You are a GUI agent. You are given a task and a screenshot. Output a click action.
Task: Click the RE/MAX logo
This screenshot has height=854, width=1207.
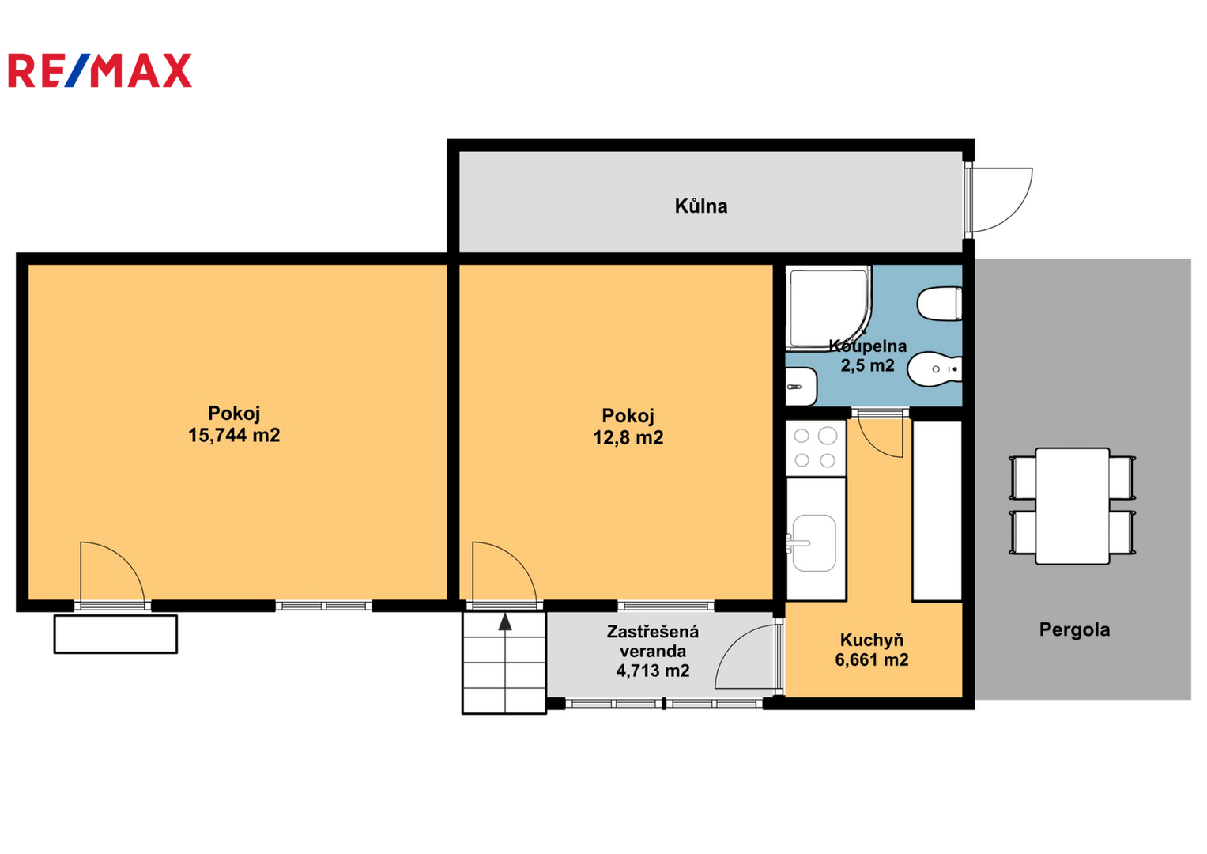(x=100, y=70)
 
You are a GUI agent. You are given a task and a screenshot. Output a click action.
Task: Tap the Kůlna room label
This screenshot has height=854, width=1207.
(x=701, y=206)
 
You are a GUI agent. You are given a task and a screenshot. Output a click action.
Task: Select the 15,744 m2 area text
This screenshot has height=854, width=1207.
(x=234, y=435)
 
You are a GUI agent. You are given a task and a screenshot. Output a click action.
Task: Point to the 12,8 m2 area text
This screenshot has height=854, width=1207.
(x=628, y=437)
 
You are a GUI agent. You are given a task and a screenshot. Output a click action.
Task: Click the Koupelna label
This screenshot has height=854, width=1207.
(x=868, y=346)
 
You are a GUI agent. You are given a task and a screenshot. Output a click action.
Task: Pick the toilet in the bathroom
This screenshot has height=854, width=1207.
(x=939, y=304)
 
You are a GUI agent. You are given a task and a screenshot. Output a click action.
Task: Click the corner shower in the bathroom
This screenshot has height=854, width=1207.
(x=828, y=308)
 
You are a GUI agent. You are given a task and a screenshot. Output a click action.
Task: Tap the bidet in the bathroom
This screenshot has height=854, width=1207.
(x=935, y=369)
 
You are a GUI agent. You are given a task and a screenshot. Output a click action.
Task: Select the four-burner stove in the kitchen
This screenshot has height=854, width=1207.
(x=815, y=448)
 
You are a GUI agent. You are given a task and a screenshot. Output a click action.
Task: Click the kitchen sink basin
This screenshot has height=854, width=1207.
(x=814, y=543)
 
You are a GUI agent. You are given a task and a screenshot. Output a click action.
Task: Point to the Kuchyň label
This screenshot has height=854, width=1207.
(x=871, y=640)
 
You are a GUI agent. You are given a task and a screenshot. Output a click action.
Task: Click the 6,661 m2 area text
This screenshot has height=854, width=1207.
(x=871, y=659)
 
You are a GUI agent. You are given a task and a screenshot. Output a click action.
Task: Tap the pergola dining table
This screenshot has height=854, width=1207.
(x=1073, y=506)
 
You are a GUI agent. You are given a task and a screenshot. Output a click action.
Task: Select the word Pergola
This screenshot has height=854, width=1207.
(x=1074, y=629)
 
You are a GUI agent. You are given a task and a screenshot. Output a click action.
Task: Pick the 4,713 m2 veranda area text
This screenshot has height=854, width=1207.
(x=653, y=671)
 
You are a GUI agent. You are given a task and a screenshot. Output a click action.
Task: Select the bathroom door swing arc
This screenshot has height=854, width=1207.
(x=873, y=445)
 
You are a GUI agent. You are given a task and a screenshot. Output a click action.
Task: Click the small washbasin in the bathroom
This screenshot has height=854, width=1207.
(x=802, y=387)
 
